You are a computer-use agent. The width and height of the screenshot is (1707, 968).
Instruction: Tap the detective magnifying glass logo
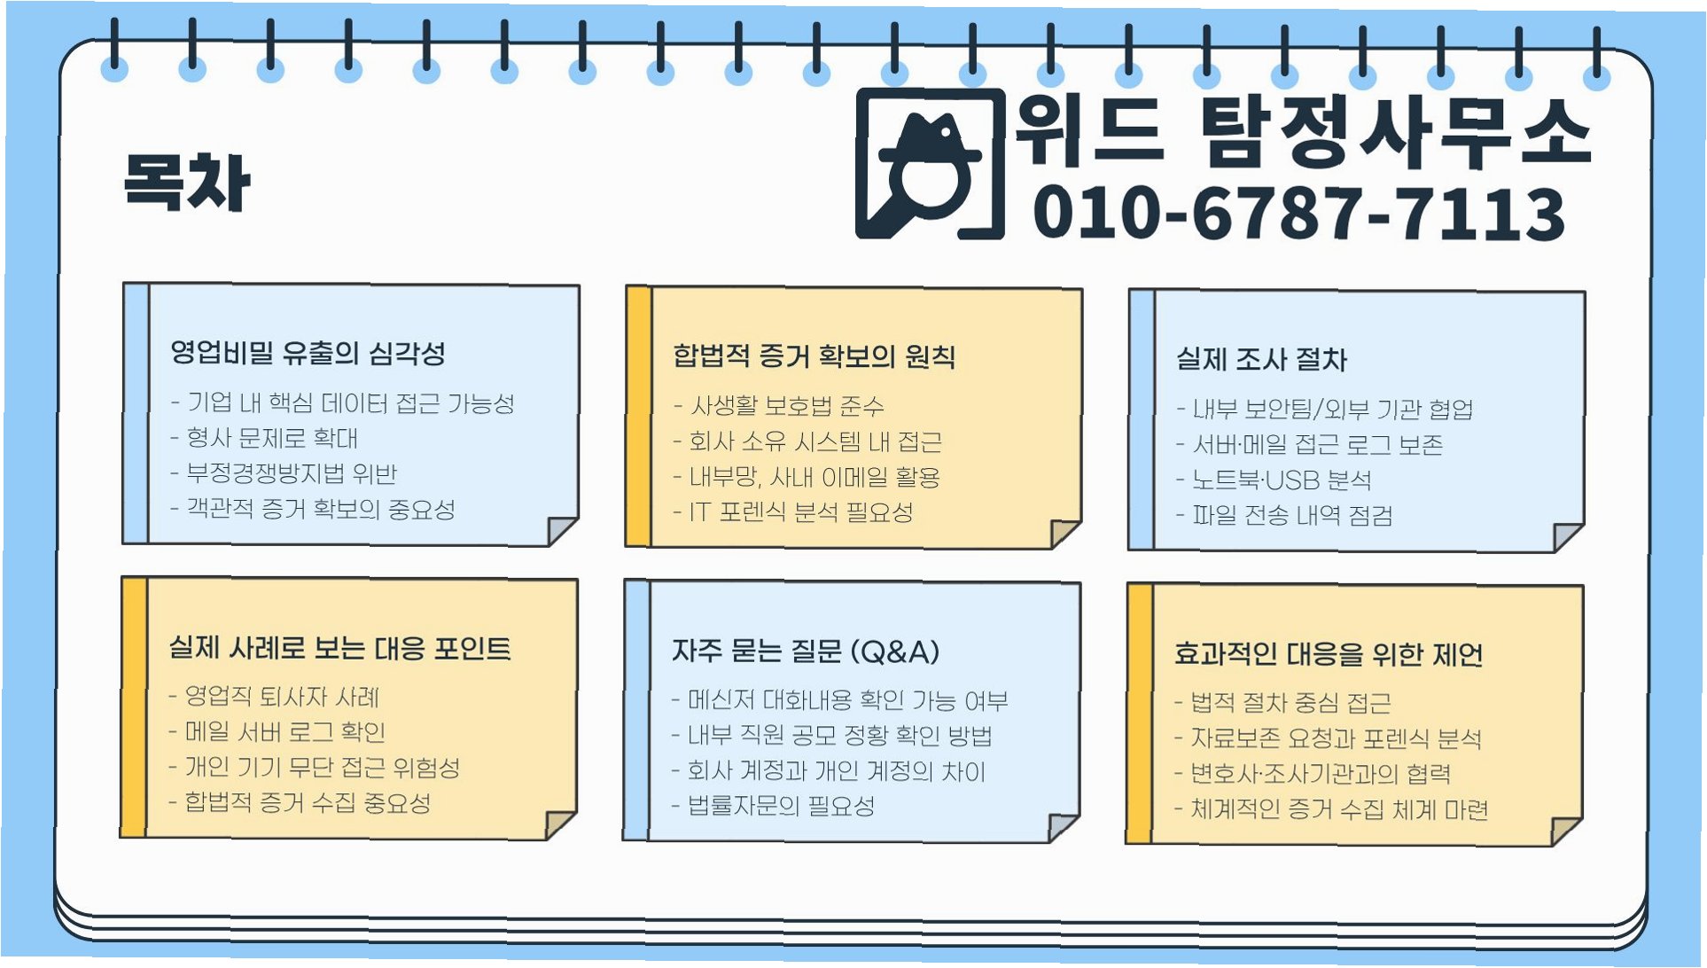coord(930,165)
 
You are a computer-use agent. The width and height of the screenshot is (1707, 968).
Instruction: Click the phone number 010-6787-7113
coord(1298,214)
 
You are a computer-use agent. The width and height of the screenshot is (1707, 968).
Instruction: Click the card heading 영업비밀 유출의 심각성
coord(308,353)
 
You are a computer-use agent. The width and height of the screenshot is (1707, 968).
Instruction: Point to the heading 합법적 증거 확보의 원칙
coord(814,356)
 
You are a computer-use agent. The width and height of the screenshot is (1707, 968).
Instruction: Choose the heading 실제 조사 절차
coord(1260,359)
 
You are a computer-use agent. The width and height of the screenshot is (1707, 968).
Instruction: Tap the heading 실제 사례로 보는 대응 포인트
coord(339,648)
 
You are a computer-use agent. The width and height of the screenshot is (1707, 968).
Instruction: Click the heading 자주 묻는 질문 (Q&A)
coord(805,652)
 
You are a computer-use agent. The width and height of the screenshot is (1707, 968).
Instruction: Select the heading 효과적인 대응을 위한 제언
coord(1328,654)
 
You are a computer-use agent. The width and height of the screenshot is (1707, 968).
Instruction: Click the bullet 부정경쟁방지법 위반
coord(292,473)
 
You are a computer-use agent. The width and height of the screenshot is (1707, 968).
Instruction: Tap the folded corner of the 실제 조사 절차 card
coord(1566,536)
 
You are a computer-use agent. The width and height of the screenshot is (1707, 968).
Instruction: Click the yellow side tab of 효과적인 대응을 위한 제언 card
coord(1139,714)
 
